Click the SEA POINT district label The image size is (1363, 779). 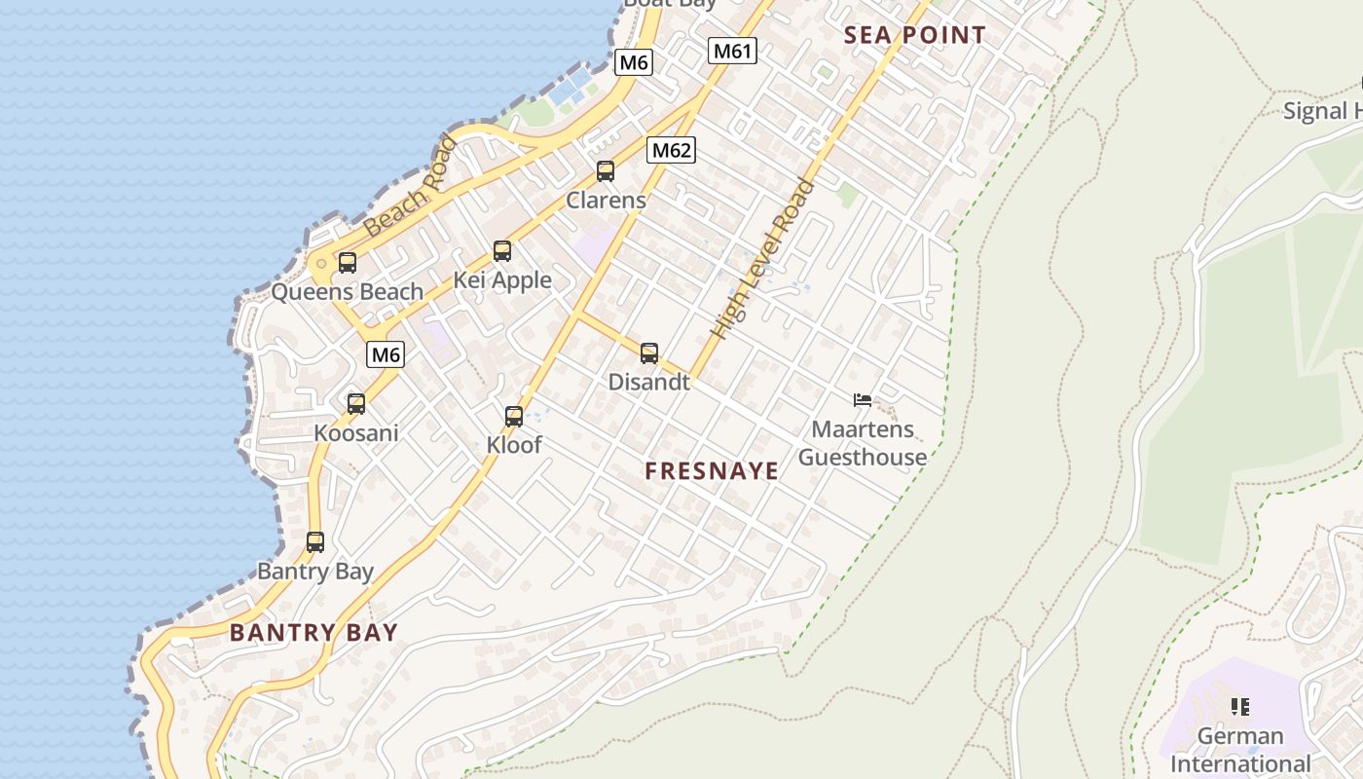(x=914, y=35)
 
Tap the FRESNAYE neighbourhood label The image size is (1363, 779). (x=712, y=471)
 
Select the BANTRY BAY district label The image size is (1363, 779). (x=313, y=633)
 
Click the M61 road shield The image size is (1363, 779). (x=732, y=51)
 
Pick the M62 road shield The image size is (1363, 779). (x=672, y=150)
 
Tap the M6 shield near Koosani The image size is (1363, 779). (x=386, y=354)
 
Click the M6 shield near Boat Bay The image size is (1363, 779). (x=634, y=62)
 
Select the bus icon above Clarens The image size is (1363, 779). (x=606, y=171)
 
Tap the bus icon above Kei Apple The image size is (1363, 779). (x=502, y=251)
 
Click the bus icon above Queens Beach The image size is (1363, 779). (x=348, y=263)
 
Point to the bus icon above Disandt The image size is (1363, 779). (x=649, y=353)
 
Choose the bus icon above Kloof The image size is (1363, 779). (x=514, y=417)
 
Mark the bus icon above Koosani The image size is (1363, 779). (x=356, y=403)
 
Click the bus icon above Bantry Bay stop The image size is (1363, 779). (x=315, y=542)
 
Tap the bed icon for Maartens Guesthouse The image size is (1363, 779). (x=862, y=399)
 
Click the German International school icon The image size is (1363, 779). (x=1239, y=706)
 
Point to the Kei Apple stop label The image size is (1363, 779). (x=502, y=280)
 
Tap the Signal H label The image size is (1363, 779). (x=1321, y=111)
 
